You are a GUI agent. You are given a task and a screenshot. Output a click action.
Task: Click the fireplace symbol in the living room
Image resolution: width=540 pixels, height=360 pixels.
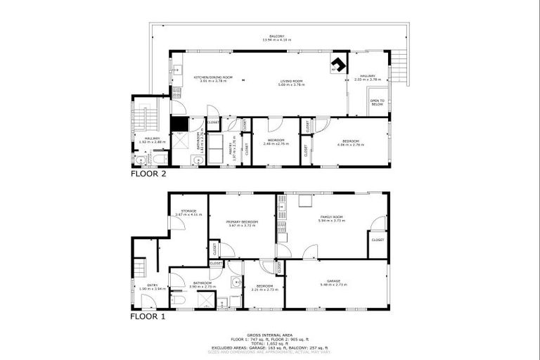(x=339, y=65)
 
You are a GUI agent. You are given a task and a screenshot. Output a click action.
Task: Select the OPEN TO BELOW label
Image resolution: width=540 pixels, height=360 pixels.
(x=378, y=103)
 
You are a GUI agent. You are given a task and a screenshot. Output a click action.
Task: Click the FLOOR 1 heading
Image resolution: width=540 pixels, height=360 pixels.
(x=148, y=316)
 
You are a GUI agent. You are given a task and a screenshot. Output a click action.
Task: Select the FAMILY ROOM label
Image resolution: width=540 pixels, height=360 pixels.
(x=330, y=219)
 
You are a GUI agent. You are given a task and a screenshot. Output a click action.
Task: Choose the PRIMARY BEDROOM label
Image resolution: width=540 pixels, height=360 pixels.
(x=241, y=223)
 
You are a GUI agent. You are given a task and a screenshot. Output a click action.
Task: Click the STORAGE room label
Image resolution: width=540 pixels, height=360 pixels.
(x=188, y=212)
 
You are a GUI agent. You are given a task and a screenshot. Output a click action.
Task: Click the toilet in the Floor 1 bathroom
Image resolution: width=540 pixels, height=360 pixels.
(x=179, y=301)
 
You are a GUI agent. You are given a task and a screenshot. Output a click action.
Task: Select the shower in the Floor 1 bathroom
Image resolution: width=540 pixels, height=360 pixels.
(x=205, y=301)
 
